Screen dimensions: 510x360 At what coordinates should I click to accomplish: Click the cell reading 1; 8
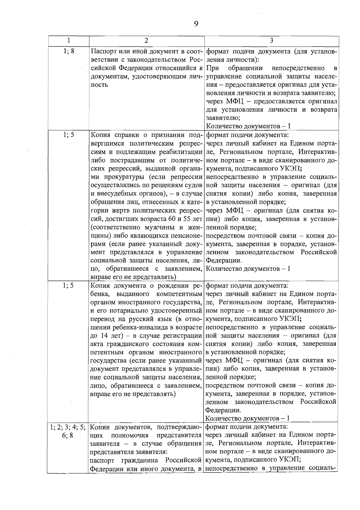[69, 51]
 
